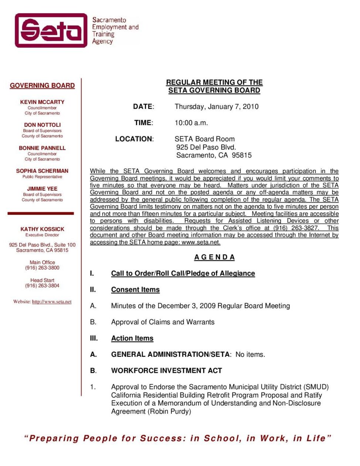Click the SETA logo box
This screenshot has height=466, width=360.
click(51, 30)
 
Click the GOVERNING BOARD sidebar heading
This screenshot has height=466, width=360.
click(42, 85)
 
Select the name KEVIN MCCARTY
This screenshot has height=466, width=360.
click(42, 102)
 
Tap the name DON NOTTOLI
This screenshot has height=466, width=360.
click(42, 125)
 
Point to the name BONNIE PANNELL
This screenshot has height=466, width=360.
click(42, 148)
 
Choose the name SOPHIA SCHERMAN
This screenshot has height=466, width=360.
click(42, 171)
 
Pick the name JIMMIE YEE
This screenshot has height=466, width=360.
click(42, 189)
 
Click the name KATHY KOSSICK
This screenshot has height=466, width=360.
click(42, 229)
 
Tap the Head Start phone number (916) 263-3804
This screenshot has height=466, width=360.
click(42, 286)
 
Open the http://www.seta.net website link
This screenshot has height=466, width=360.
click(52, 302)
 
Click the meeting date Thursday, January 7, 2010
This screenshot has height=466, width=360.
click(217, 107)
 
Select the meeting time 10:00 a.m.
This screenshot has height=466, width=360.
click(191, 123)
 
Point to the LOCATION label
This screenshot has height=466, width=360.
click(134, 139)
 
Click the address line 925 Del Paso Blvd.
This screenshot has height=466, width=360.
click(206, 147)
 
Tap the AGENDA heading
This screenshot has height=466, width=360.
click(214, 257)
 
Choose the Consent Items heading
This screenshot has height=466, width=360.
click(135, 290)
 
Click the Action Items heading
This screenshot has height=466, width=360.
click(132, 338)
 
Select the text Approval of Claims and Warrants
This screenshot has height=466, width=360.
click(163, 322)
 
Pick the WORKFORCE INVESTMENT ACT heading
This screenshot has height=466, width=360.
click(166, 371)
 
